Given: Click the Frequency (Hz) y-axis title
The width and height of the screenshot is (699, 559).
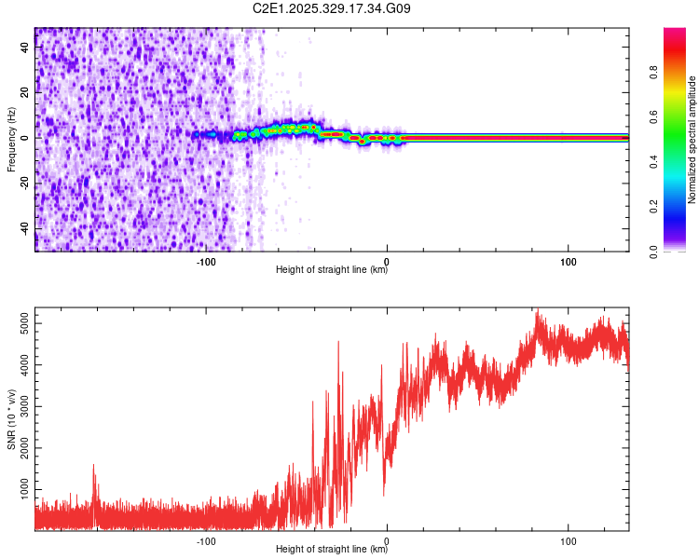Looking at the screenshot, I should coord(11,139).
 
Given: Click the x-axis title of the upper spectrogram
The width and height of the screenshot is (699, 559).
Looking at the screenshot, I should coord(332,270).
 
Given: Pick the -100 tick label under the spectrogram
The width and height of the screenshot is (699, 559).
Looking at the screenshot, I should coord(207,261).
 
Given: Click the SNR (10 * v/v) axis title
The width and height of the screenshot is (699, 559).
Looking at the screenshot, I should coord(11,419).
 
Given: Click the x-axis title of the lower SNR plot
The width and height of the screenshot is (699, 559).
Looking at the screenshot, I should coord(332,550).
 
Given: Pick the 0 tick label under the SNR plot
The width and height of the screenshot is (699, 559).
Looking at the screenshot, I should coord(388,540).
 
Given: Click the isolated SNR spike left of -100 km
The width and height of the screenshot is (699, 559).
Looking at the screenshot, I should coord(94,470).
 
